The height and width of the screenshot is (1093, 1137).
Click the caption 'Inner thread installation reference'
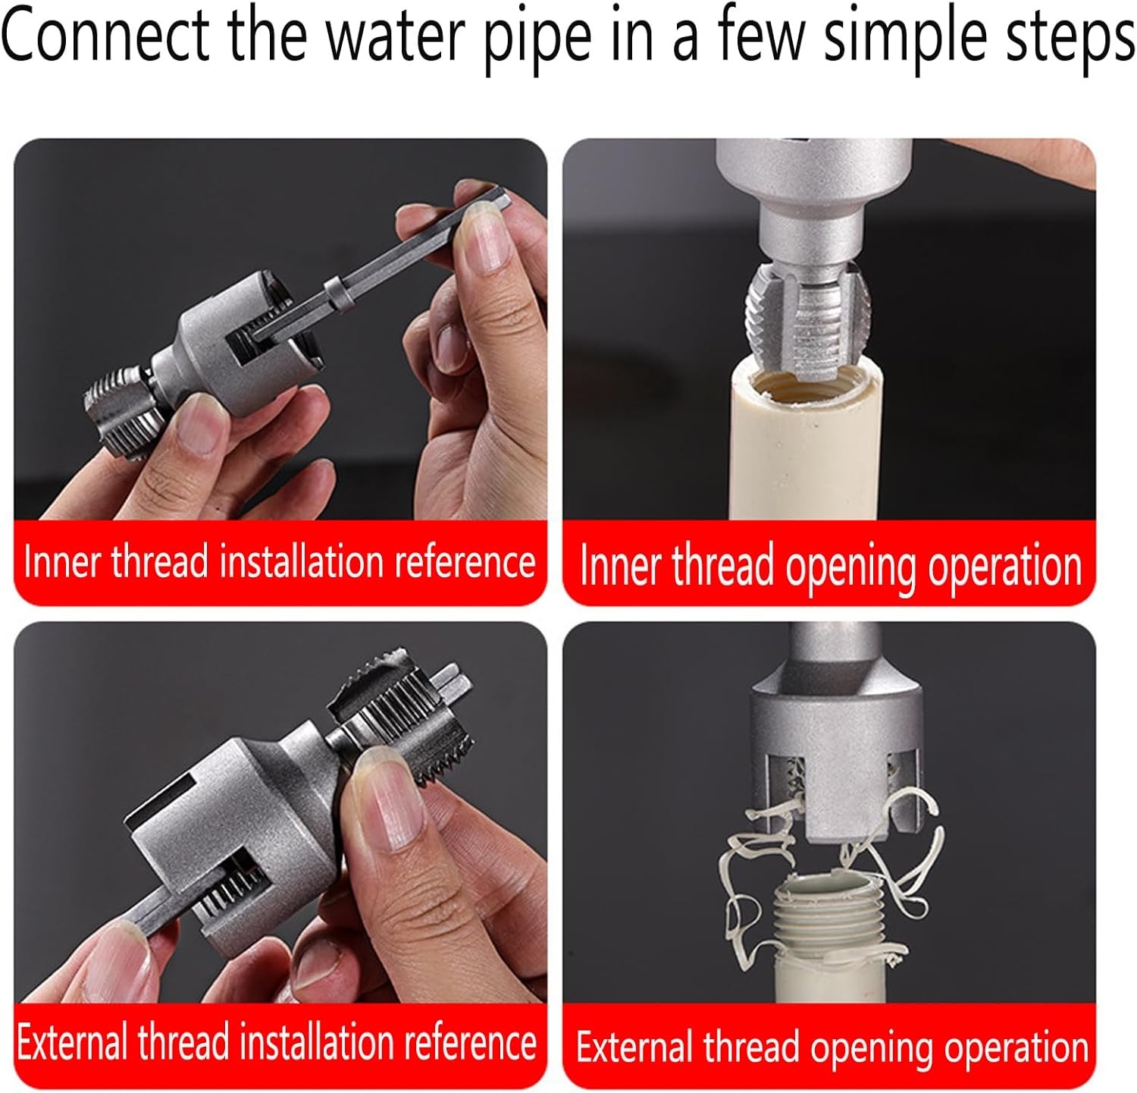[279, 563]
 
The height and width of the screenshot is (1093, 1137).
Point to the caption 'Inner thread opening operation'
[830, 567]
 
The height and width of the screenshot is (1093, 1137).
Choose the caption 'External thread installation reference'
[277, 1042]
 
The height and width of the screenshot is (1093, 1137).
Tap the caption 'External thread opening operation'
[832, 1047]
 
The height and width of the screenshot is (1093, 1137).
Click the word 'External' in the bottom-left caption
[72, 1042]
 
